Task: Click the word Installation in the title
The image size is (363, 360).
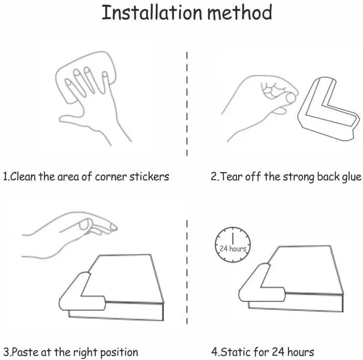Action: pos(152,12)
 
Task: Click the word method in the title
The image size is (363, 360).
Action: pos(240,12)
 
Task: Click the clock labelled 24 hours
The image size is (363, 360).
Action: pos(233,244)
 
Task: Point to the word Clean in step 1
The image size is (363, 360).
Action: pos(23,177)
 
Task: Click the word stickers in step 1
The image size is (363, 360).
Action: pos(149,177)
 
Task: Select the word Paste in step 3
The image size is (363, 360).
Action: pos(25,352)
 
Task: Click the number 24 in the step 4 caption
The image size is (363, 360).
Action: pos(278,352)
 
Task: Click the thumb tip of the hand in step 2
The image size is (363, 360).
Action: pos(291,98)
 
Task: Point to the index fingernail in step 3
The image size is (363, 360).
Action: pos(113,227)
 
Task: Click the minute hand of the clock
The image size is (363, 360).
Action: pos(233,238)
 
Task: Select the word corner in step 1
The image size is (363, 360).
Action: pos(111,177)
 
